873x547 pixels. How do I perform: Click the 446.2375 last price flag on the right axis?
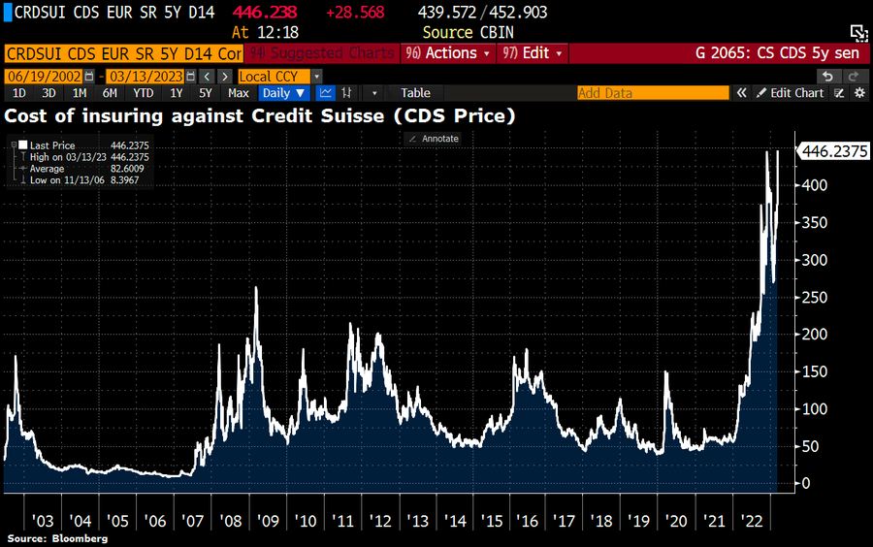tap(833, 150)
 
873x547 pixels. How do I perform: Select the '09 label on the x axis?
tap(268, 521)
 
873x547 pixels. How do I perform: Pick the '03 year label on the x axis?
tap(44, 521)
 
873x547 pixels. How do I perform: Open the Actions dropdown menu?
tap(450, 53)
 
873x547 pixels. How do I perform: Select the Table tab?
tap(415, 93)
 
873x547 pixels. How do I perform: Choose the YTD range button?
tap(143, 93)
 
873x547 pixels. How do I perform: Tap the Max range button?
tap(239, 93)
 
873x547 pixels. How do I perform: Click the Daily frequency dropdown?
tap(284, 93)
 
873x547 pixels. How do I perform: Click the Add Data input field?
tap(652, 93)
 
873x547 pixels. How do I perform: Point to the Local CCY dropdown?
tap(279, 76)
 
